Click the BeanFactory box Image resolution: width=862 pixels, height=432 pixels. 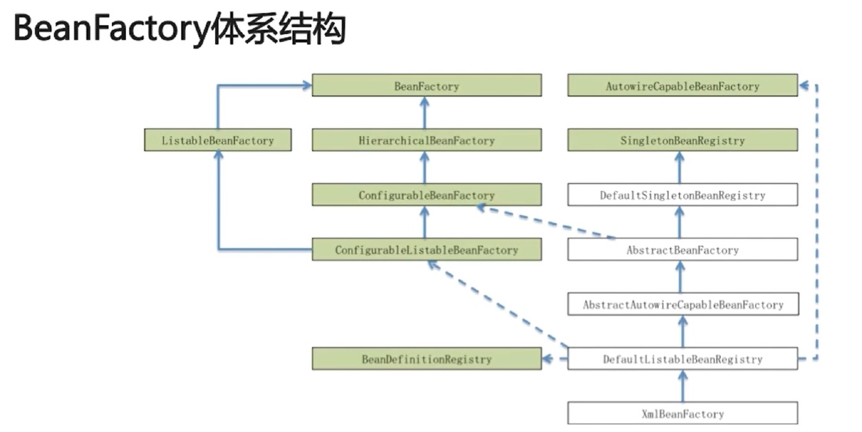[x=426, y=86]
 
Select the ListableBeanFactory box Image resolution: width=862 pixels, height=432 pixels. [x=217, y=140]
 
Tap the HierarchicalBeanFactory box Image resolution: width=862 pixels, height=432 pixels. [x=426, y=140]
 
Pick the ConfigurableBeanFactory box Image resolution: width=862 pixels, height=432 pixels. [x=426, y=195]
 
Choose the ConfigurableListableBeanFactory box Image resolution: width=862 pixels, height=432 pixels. [x=426, y=249]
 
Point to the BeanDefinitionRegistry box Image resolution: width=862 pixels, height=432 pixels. [x=426, y=358]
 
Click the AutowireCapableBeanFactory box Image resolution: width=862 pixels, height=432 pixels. [x=682, y=86]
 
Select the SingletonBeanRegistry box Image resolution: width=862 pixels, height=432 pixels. [x=682, y=140]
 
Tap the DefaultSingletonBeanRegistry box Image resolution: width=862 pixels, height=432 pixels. [x=682, y=195]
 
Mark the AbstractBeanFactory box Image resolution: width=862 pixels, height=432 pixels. [x=682, y=249]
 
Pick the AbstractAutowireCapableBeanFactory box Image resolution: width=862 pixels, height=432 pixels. [x=682, y=304]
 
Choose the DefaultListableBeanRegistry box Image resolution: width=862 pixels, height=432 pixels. [x=682, y=358]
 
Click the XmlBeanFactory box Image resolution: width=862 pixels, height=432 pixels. [x=682, y=413]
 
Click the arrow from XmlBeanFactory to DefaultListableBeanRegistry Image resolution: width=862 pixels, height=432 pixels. [x=682, y=386]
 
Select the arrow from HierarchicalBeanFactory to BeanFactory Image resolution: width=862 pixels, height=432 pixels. [x=425, y=113]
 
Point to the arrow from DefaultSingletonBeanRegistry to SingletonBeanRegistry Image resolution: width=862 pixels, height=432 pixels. [x=679, y=168]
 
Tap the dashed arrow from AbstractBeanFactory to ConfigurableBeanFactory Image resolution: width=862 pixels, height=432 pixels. [x=545, y=222]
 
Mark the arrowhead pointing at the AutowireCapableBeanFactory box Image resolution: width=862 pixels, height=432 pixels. [x=804, y=86]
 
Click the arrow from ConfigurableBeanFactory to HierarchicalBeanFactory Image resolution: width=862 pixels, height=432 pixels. [x=425, y=168]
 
